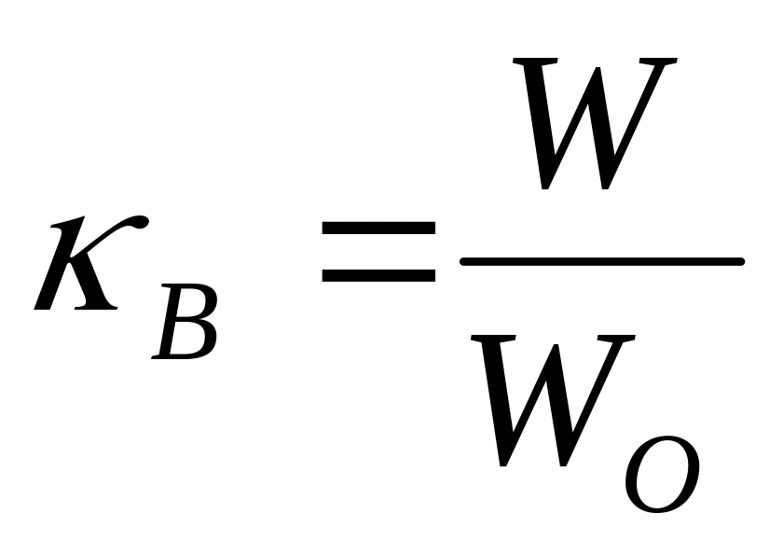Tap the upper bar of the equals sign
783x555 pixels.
(378, 227)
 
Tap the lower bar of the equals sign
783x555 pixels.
(378, 275)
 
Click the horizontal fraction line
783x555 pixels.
(601, 261)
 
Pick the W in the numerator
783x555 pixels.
(592, 121)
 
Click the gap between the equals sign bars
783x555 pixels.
(378, 251)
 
